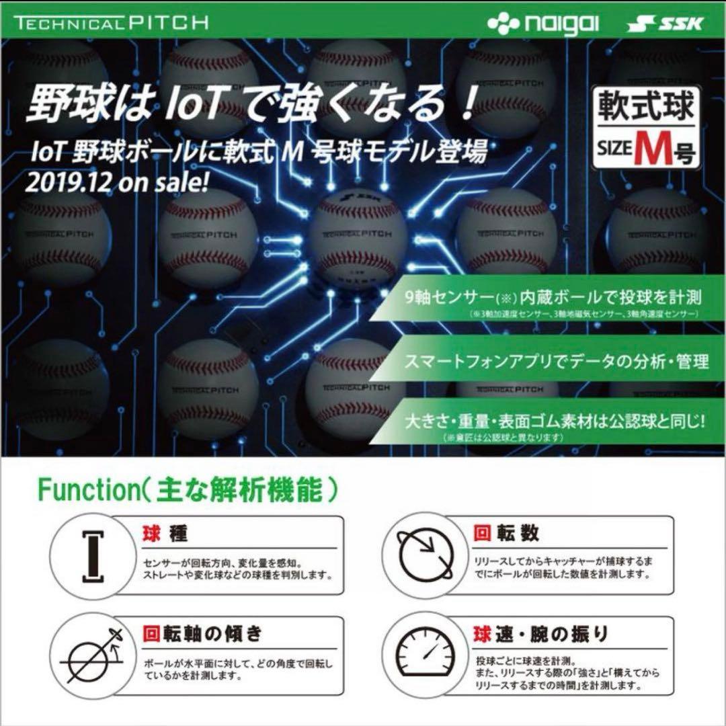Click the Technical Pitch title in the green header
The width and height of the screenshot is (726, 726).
[110, 22]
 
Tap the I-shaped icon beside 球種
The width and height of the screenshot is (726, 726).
[91, 554]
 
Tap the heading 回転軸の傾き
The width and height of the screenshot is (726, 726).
[202, 633]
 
